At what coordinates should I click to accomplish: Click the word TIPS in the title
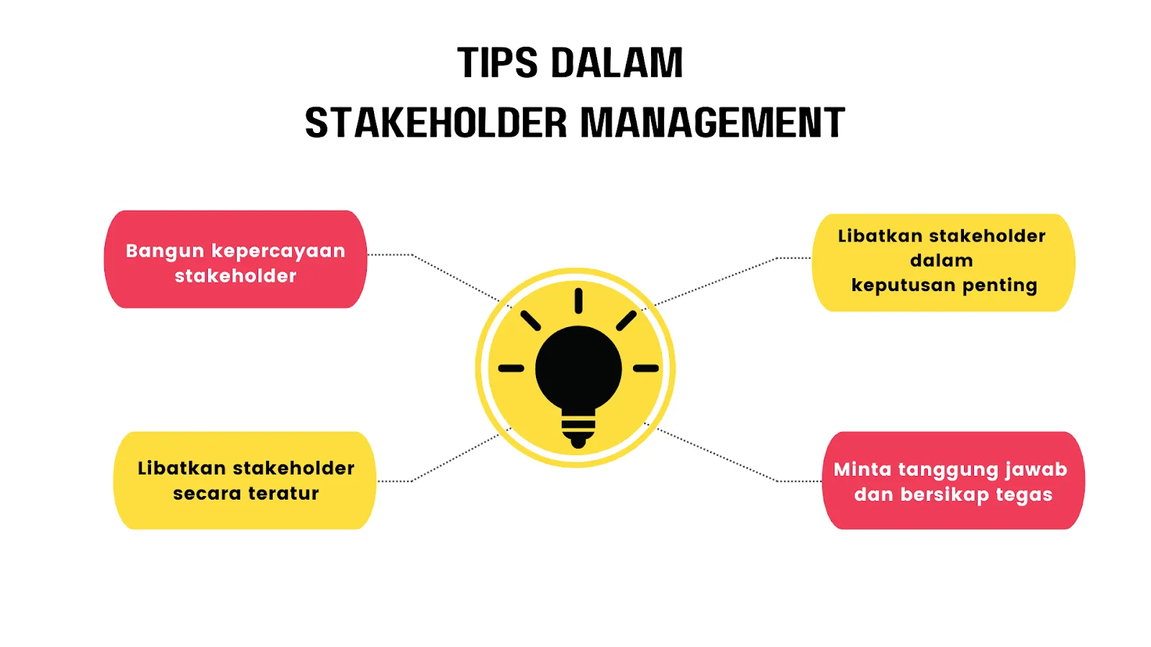click(497, 63)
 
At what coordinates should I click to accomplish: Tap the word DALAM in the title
click(617, 63)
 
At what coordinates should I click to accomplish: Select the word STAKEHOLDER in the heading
click(436, 123)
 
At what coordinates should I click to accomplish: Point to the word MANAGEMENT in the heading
click(712, 123)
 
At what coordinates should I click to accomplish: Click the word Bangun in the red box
click(165, 252)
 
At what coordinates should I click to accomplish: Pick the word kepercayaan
click(278, 252)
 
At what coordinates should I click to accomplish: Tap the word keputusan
click(903, 286)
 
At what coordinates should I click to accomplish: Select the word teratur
click(283, 494)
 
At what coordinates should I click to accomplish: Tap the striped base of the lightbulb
click(578, 429)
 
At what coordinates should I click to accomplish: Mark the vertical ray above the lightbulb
click(578, 300)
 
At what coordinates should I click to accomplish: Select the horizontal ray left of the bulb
click(511, 368)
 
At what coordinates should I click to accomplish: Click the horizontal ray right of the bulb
click(646, 368)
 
